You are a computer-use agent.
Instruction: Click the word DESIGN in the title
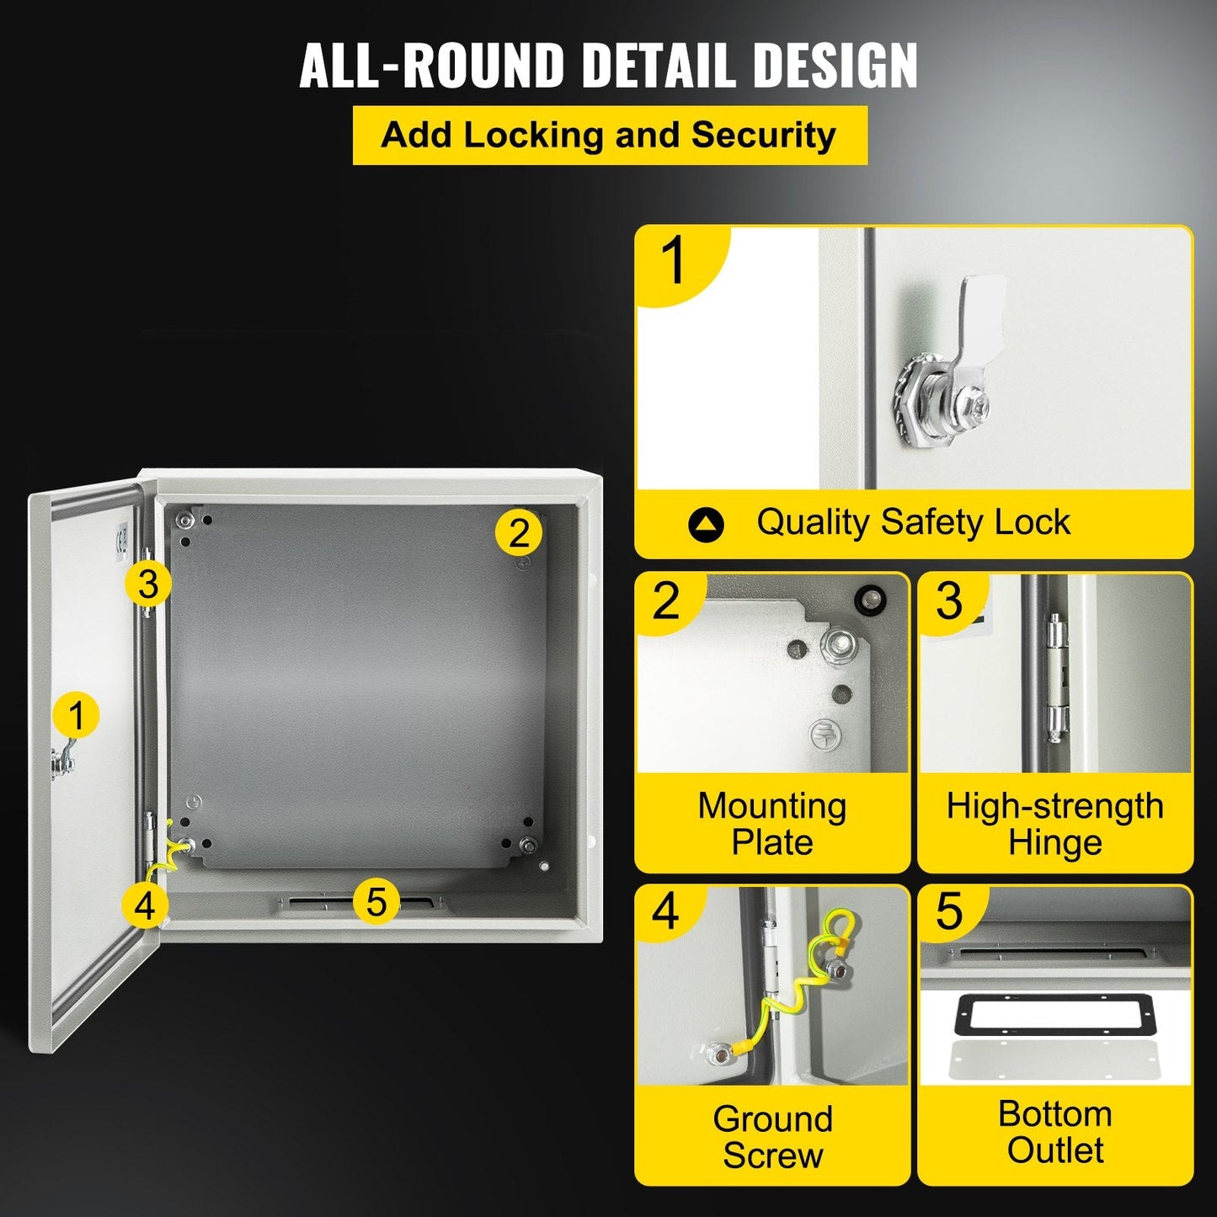pyautogui.click(x=834, y=65)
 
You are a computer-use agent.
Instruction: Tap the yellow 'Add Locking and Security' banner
pyautogui.click(x=609, y=136)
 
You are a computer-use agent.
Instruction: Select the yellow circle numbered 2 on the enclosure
pyautogui.click(x=519, y=532)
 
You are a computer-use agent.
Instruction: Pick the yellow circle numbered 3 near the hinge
pyautogui.click(x=148, y=583)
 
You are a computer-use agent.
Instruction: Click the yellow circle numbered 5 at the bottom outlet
pyautogui.click(x=376, y=901)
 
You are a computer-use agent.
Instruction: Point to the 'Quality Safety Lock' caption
pyautogui.click(x=913, y=523)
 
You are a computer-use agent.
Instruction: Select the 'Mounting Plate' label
pyautogui.click(x=771, y=824)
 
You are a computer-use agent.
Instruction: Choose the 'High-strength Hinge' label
pyautogui.click(x=1054, y=824)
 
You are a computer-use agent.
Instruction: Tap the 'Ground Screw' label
pyautogui.click(x=771, y=1137)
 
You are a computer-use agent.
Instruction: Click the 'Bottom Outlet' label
pyautogui.click(x=1054, y=1132)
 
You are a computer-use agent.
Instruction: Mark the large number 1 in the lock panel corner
pyautogui.click(x=675, y=260)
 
